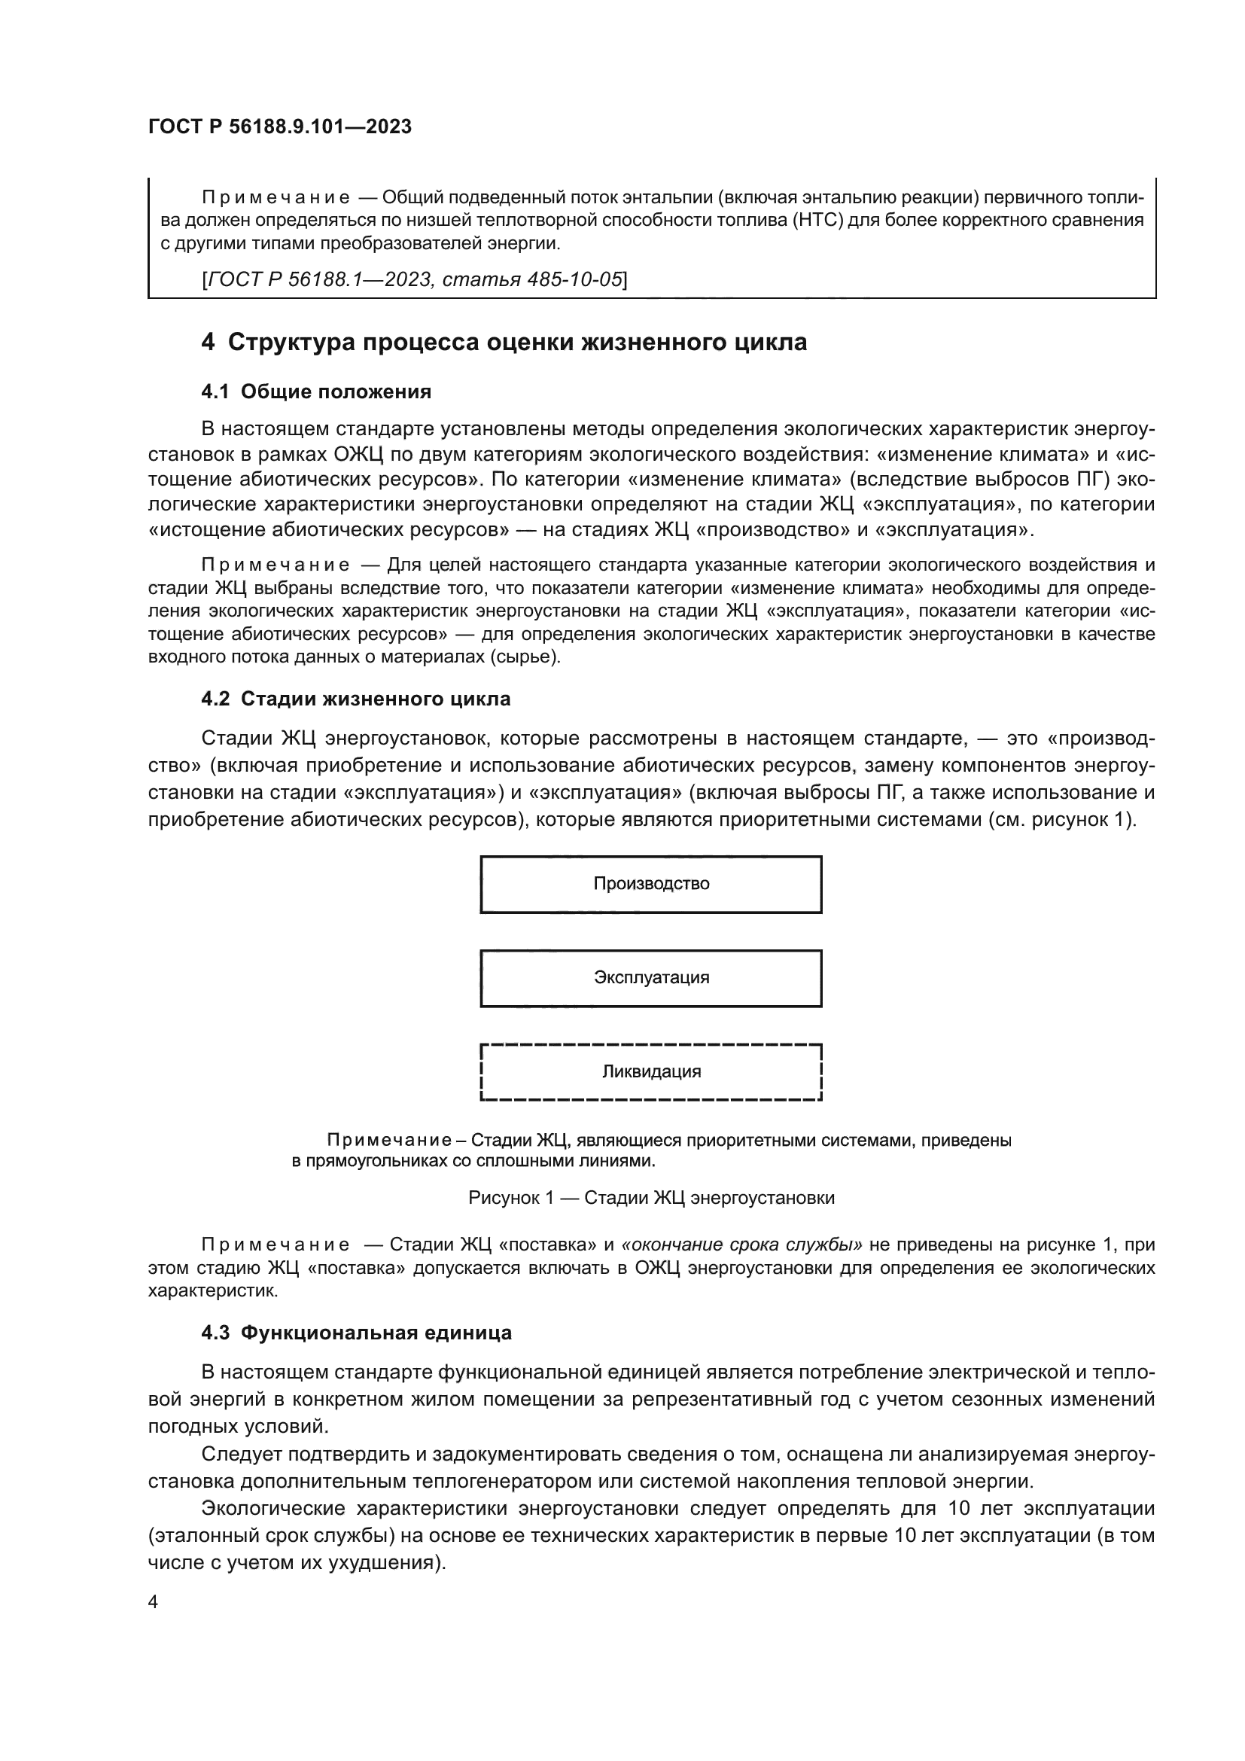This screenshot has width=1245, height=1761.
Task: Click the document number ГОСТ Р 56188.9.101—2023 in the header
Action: click(280, 126)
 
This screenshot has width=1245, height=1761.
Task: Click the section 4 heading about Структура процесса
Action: click(504, 342)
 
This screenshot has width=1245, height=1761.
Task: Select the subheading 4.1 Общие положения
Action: click(316, 392)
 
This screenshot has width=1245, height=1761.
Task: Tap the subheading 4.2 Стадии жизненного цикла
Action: click(356, 699)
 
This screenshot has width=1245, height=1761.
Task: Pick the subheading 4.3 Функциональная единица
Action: click(357, 1333)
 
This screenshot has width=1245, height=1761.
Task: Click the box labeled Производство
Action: click(651, 885)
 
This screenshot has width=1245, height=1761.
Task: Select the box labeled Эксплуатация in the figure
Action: click(651, 978)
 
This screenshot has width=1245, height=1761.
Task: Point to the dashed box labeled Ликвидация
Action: click(651, 1072)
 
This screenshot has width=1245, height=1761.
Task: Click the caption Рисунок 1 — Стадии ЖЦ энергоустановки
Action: click(651, 1198)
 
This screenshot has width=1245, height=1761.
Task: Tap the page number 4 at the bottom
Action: click(153, 1601)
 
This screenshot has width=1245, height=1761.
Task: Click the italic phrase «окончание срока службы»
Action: click(742, 1245)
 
